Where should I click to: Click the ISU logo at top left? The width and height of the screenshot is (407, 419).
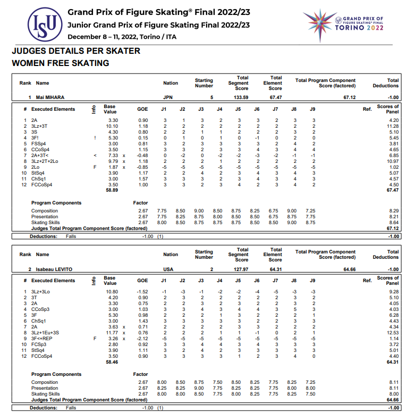pyautogui.click(x=44, y=24)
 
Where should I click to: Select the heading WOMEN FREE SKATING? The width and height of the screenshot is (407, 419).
pyautogui.click(x=60, y=63)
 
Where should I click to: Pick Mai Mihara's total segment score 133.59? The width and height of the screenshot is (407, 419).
pyautogui.click(x=241, y=98)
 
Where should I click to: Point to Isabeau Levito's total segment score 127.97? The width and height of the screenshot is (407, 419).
pyautogui.click(x=241, y=269)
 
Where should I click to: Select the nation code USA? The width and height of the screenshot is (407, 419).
pyautogui.click(x=168, y=269)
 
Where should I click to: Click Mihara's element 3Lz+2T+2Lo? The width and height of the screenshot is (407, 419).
pyautogui.click(x=45, y=161)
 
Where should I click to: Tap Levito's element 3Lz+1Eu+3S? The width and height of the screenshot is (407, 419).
pyautogui.click(x=46, y=333)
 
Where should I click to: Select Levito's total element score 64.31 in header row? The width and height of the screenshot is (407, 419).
pyautogui.click(x=275, y=269)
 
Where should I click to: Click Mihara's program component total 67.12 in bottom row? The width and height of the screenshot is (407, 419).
pyautogui.click(x=393, y=228)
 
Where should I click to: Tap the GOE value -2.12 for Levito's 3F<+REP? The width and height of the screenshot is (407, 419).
pyautogui.click(x=142, y=339)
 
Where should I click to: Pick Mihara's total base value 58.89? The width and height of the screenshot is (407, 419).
pyautogui.click(x=111, y=190)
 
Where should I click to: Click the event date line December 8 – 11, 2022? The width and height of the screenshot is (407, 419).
pyautogui.click(x=122, y=37)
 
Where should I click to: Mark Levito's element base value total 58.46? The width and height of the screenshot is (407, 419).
pyautogui.click(x=111, y=362)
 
